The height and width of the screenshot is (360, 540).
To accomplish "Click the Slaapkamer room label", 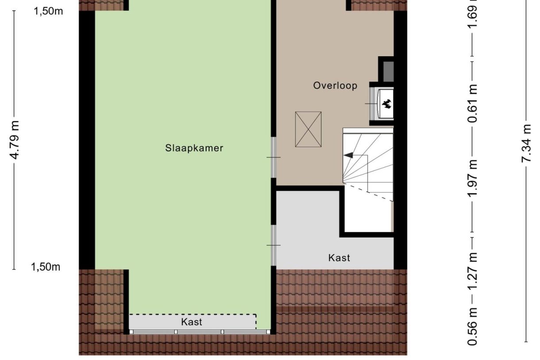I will click(x=194, y=148).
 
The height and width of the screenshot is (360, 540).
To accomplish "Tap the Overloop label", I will click(x=335, y=85).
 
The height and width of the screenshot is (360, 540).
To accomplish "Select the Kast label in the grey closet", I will click(x=339, y=258).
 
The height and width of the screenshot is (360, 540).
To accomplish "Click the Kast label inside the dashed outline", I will click(x=192, y=322).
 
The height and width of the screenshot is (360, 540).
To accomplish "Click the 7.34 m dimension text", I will click(x=526, y=143).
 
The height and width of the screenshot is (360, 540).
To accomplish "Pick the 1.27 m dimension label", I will click(x=473, y=270).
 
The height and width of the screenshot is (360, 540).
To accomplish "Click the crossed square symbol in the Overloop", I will click(x=308, y=129).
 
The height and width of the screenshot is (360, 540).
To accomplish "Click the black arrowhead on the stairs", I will click(x=348, y=155).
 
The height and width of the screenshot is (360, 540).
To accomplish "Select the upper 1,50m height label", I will click(x=48, y=11).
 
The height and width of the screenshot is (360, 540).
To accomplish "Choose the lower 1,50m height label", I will click(x=46, y=267).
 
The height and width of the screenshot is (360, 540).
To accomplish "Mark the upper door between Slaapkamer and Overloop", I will click(x=274, y=157).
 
